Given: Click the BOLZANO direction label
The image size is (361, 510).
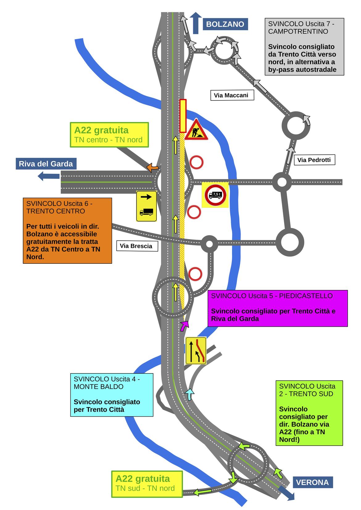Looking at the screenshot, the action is (225, 24).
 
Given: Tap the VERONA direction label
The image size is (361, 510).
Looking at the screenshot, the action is (313, 483).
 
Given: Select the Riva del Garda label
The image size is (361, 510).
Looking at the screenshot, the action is (46, 164).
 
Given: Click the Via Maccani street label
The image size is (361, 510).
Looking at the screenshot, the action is (232, 95).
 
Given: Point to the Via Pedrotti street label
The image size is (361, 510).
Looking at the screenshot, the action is (314, 160).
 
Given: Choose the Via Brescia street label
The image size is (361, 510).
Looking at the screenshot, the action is (137, 246).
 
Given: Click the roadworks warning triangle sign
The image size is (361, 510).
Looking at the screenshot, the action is (196, 130).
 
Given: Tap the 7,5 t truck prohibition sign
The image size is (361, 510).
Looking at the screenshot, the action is (215, 195).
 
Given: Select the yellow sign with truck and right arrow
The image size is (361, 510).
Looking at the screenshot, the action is (146, 206).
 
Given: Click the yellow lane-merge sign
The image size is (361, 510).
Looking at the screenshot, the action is (196, 351).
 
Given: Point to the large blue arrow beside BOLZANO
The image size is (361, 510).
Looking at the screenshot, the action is (196, 23).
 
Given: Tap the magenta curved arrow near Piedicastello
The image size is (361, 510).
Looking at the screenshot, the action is (185, 326).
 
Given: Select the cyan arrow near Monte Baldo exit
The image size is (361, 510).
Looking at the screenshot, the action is (189, 394).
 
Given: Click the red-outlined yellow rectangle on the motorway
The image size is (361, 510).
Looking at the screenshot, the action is (183, 116).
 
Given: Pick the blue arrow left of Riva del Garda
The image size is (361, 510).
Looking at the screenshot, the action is (48, 176).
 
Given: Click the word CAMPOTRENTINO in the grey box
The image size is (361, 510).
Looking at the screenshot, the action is (298, 31).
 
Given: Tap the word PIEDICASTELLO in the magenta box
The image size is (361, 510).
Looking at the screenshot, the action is (306, 296).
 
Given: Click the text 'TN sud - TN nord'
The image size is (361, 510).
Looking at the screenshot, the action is (145, 488).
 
